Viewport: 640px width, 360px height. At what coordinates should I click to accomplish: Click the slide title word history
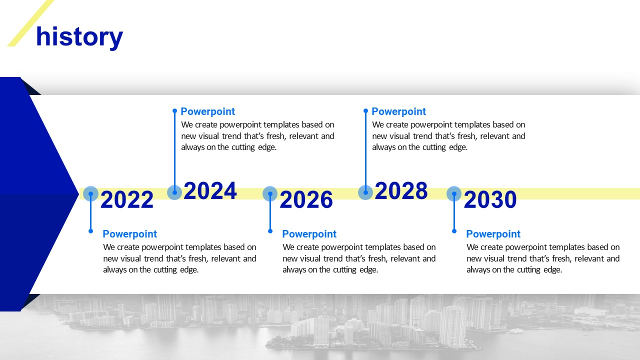tap(79, 37)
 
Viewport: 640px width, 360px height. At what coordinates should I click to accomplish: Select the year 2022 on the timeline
tap(127, 199)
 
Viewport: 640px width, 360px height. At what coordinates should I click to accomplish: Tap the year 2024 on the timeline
tap(210, 190)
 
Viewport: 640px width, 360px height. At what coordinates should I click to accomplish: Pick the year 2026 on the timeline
tap(306, 199)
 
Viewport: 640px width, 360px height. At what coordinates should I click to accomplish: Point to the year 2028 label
tap(401, 190)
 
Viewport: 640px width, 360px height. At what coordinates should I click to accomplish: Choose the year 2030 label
tap(490, 199)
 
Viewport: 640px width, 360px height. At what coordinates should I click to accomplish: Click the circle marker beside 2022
tap(91, 193)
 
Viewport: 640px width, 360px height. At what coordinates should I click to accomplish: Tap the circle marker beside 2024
tap(174, 192)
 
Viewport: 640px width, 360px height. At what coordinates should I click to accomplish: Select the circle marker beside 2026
tap(270, 193)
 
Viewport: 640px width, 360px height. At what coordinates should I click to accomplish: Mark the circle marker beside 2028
tap(365, 192)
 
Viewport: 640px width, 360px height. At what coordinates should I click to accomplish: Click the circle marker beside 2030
tap(454, 193)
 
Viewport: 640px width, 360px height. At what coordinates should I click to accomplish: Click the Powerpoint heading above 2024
tap(207, 111)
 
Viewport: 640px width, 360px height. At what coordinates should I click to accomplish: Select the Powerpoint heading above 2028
tap(398, 111)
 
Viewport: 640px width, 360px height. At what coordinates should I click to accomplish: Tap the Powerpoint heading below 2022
tap(129, 234)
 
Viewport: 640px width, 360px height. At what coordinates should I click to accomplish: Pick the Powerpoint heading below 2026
tap(309, 234)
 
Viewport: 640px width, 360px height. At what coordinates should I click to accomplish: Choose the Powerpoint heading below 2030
tap(493, 234)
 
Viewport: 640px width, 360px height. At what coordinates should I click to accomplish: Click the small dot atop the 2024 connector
tap(175, 110)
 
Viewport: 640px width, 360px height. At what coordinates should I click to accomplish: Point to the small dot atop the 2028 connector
tap(365, 110)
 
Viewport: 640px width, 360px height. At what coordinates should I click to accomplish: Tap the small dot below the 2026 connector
tap(270, 231)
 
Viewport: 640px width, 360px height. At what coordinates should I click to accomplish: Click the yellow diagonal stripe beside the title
tap(30, 23)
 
